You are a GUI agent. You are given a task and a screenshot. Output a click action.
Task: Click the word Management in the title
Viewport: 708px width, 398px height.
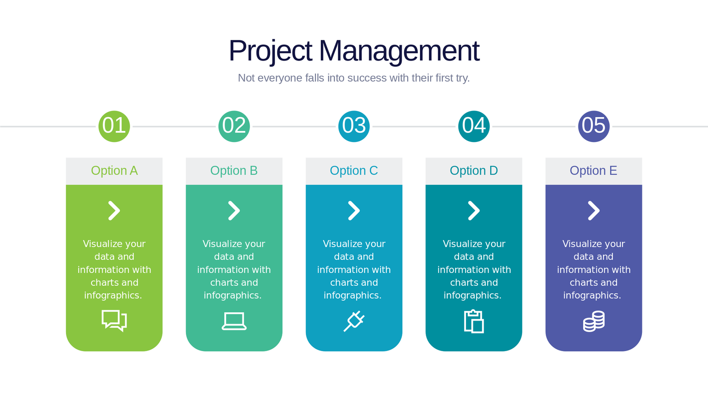click(399, 50)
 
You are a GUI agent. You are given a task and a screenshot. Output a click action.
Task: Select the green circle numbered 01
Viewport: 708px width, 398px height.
click(114, 126)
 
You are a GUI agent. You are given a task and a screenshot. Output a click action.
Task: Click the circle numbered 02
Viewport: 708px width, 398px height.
click(234, 126)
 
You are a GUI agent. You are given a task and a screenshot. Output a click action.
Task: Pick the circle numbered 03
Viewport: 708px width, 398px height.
click(354, 126)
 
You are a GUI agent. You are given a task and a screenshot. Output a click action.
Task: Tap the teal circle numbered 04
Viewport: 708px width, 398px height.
click(474, 126)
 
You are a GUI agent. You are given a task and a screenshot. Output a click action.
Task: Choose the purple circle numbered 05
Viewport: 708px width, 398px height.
click(594, 126)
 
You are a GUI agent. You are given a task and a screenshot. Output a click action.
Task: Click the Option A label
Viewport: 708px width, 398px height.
click(114, 171)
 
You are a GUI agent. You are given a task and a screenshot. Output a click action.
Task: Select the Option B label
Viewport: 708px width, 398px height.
click(234, 171)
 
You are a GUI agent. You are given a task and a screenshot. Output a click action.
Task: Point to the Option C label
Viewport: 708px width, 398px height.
click(354, 171)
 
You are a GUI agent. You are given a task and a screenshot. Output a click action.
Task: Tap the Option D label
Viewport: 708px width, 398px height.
click(474, 171)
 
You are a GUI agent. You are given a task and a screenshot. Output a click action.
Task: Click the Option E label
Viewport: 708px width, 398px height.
click(593, 171)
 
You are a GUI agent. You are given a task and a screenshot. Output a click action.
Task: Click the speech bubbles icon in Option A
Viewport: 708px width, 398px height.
click(114, 321)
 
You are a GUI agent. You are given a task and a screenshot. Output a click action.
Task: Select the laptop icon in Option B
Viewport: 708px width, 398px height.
click(234, 321)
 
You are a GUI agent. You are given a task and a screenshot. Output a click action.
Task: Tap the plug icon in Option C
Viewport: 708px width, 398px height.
click(354, 321)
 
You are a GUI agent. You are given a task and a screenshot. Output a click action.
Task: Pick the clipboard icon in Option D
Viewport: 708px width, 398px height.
click(474, 321)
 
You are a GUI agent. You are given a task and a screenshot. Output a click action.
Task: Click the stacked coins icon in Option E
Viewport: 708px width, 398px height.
click(594, 321)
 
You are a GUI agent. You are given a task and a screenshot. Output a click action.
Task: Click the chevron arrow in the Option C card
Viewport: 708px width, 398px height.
click(354, 210)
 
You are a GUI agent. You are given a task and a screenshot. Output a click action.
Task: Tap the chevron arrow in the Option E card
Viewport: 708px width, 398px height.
click(594, 210)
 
